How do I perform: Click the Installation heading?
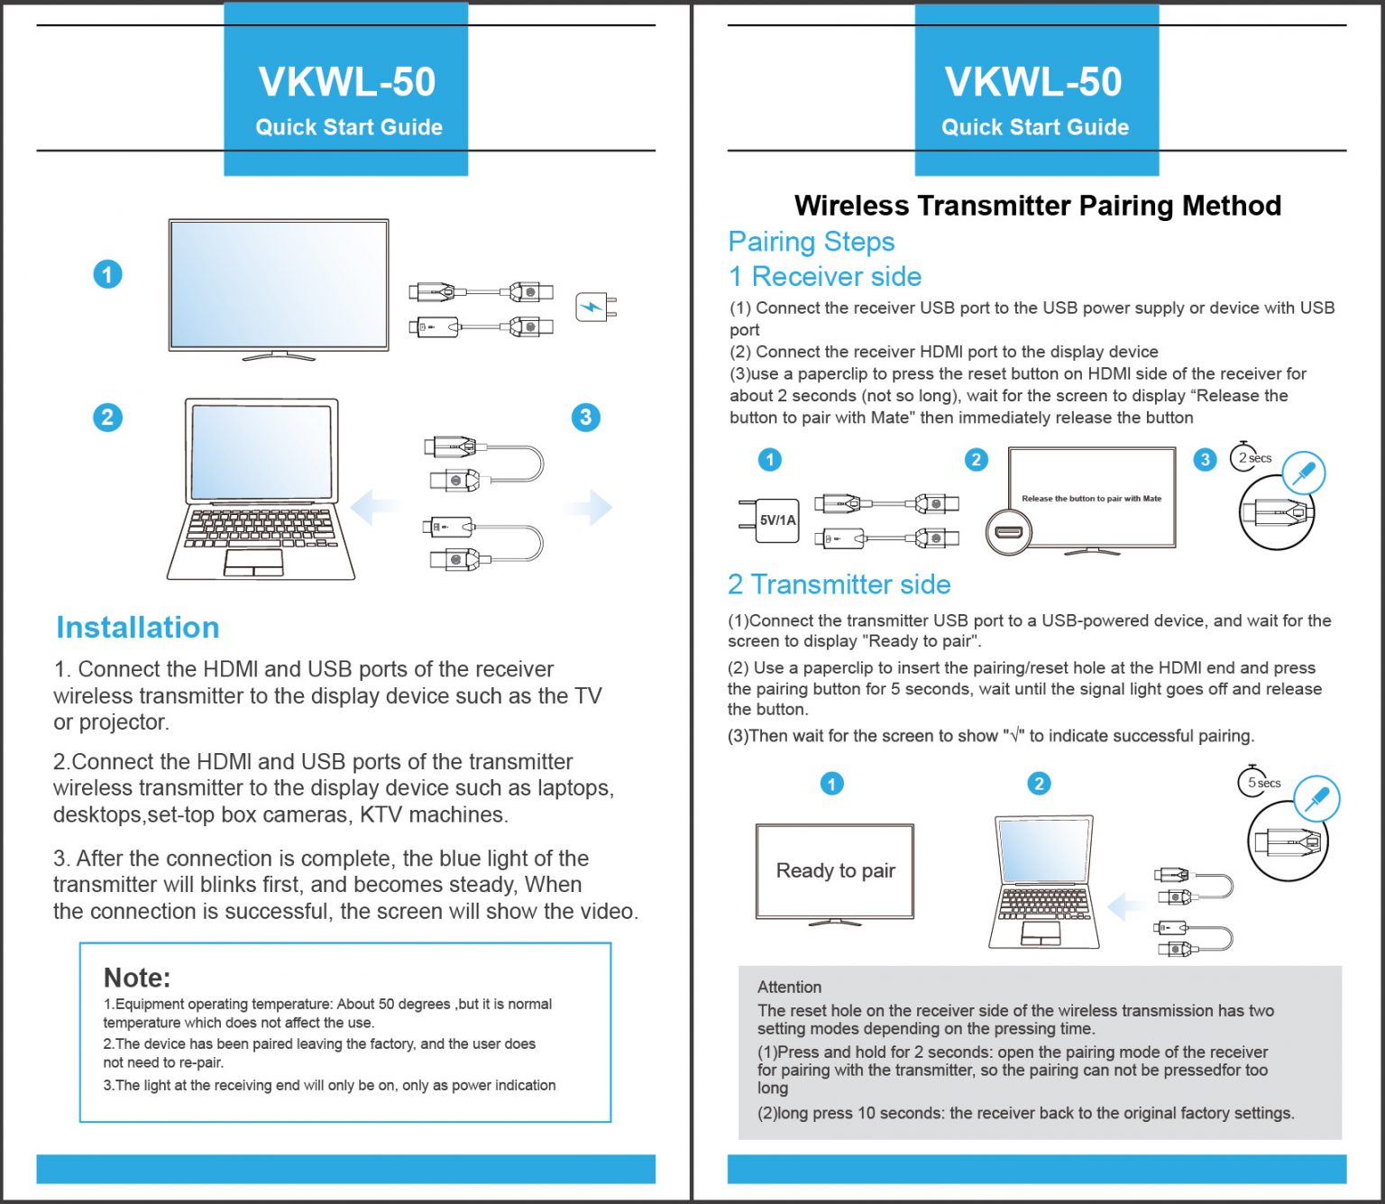coord(137,628)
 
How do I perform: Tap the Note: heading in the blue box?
coord(137,978)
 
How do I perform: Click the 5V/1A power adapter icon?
coord(769,519)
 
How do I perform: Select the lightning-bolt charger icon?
coord(596,308)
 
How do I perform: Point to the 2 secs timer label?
coord(1252,457)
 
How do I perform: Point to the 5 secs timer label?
coord(1261,782)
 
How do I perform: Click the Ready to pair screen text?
coord(835,870)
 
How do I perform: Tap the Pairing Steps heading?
coord(811,242)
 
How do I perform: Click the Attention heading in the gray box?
coord(789,987)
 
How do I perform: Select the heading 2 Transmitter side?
coord(839,584)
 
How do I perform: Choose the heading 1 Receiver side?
coord(825,276)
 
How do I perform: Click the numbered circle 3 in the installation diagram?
coord(585,417)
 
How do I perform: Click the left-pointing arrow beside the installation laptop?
coord(373,507)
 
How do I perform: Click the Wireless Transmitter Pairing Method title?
coord(1038,205)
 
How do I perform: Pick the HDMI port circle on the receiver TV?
coord(1009,533)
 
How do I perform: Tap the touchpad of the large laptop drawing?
coord(253,563)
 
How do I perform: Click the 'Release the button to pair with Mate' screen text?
coord(1091,498)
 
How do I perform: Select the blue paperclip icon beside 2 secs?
coord(1304,473)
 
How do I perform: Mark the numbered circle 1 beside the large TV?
coord(107,274)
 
